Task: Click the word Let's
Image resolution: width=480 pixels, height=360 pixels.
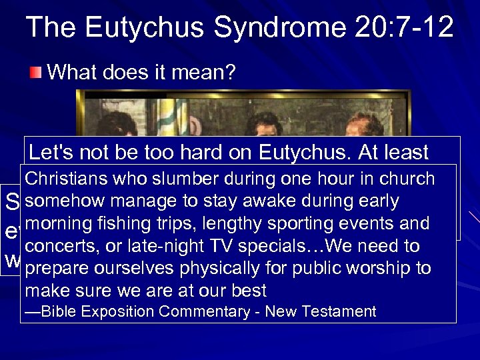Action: [x=51, y=153]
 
